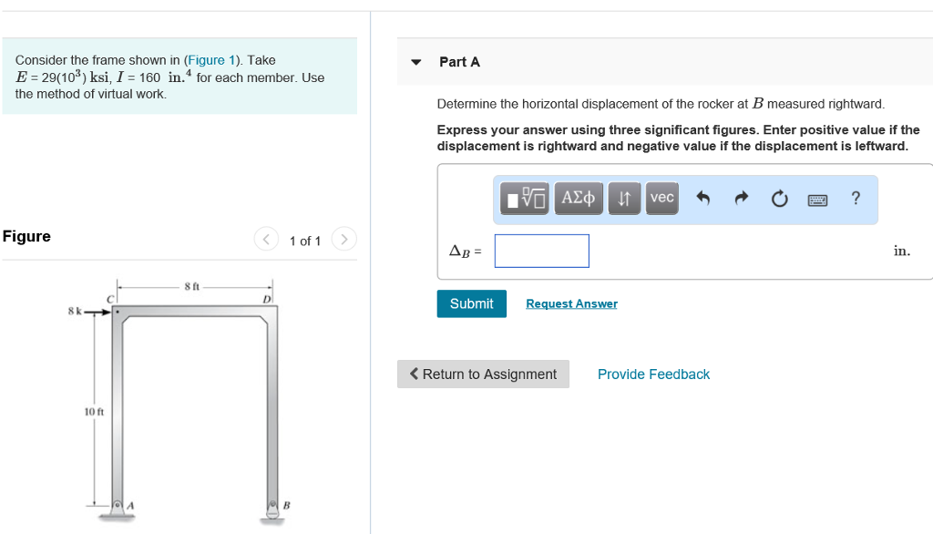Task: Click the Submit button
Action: pos(471,303)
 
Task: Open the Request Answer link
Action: pos(571,303)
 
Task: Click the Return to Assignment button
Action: pos(483,375)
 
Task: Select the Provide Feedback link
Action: pos(653,375)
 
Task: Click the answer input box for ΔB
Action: pos(542,251)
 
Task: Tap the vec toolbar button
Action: pos(662,198)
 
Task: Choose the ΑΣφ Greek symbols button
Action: pos(579,198)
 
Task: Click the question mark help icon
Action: pos(855,198)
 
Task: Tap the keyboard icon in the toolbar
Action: pos(817,199)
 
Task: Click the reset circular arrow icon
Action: pos(779,199)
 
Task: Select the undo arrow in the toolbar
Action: pos(702,198)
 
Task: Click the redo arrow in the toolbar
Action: pos(741,198)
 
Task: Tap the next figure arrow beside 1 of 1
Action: pos(343,240)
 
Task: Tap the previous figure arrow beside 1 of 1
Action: pos(265,240)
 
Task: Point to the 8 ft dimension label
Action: pos(192,286)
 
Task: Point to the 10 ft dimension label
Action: pos(94,412)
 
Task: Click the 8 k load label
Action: pos(74,311)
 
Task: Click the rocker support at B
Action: pos(272,509)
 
